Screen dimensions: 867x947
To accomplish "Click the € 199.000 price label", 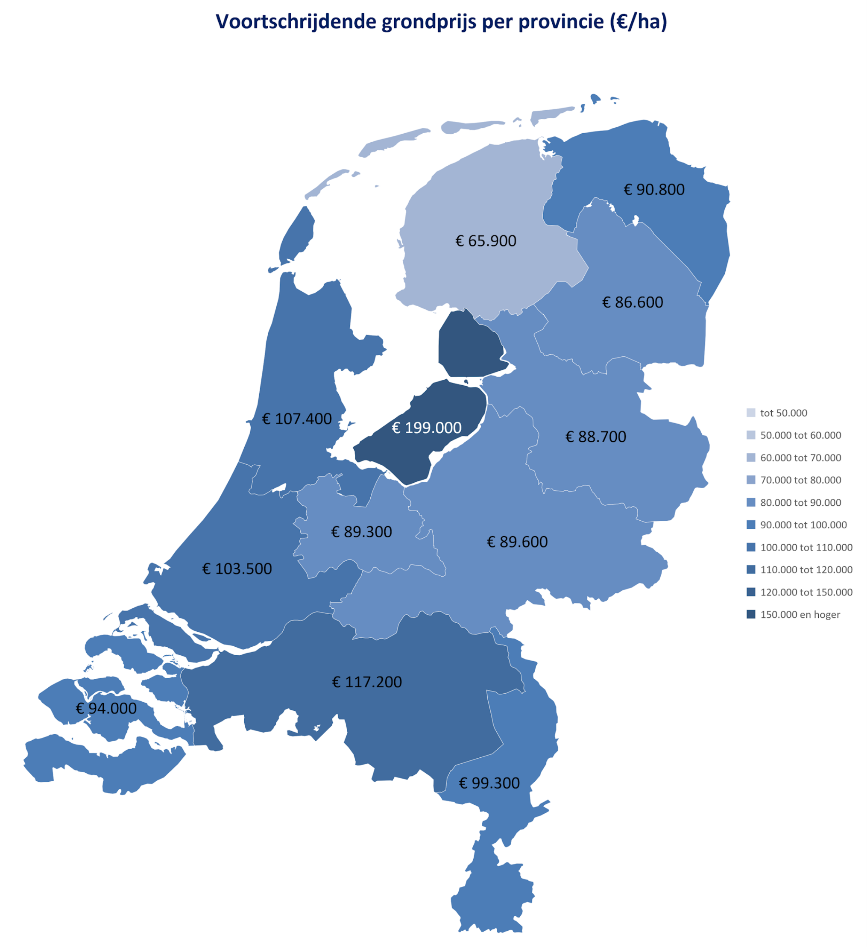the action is (427, 428).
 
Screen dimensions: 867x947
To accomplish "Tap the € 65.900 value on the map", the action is (486, 241).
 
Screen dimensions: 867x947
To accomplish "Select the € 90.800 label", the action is (654, 190).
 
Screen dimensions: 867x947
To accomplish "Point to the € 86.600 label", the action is (633, 302).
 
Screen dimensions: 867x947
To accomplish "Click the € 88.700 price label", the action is (595, 437).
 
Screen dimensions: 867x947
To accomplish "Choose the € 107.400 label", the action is (297, 419).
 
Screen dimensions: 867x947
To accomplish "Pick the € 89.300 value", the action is (361, 532).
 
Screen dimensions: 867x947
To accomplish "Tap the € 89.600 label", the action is (517, 542).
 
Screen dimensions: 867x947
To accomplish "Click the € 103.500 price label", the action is (237, 569).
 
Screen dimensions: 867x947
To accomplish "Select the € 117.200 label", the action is (367, 682).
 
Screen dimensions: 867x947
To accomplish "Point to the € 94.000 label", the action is (106, 708).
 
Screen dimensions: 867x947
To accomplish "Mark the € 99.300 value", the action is (489, 783).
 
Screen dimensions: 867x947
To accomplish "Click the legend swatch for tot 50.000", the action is (750, 413).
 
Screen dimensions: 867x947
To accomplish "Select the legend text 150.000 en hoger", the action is (800, 615).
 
